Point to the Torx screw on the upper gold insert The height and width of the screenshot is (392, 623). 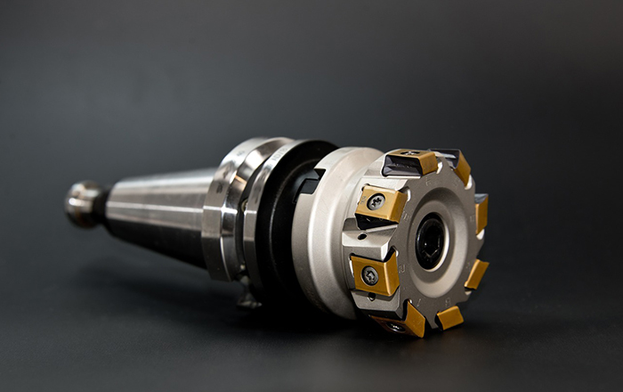pos(376,202)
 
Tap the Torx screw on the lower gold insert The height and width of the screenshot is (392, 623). pos(369,274)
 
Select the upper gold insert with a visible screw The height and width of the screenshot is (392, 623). pos(381,204)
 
